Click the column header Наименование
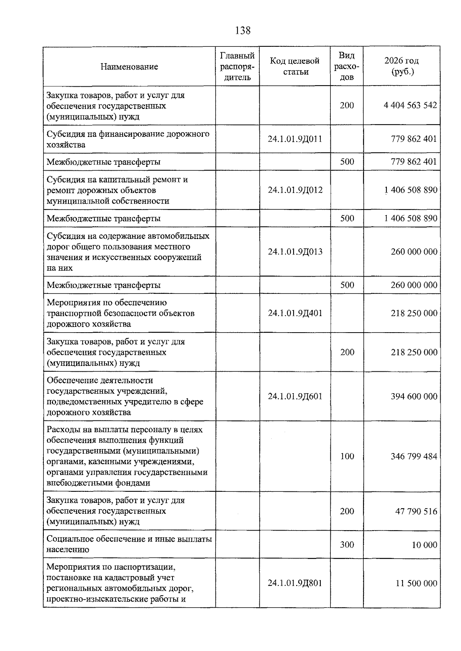click(129, 67)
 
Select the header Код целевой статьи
click(295, 66)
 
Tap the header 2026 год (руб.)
click(401, 66)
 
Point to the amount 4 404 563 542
click(410, 105)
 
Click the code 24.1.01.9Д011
click(295, 139)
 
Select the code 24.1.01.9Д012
click(295, 190)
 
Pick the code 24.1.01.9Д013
click(295, 252)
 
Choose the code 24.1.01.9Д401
click(295, 313)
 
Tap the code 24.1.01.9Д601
click(295, 396)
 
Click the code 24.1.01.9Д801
click(295, 583)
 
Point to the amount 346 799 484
click(414, 456)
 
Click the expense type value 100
click(347, 456)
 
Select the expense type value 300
click(347, 545)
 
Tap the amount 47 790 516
click(416, 511)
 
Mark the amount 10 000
click(424, 545)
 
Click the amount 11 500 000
click(416, 583)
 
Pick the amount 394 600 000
click(414, 396)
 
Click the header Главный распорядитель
click(237, 66)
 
